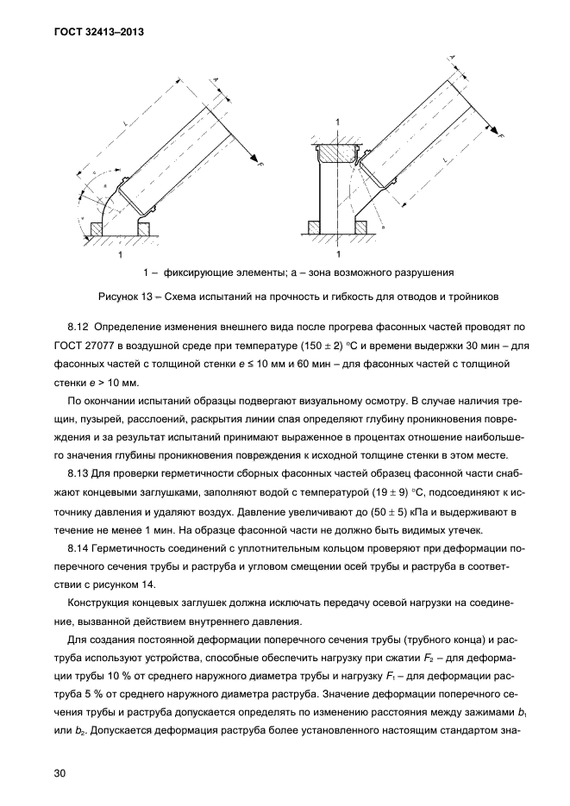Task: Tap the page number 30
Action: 60,773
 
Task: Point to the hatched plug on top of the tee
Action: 338,153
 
